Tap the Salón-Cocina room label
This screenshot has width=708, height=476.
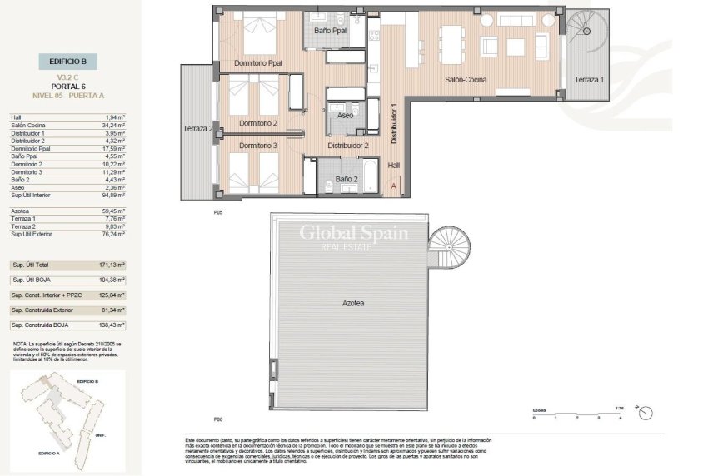[x=466, y=80]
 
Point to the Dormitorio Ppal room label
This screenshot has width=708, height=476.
[x=257, y=62]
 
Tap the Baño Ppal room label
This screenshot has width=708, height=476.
[x=330, y=31]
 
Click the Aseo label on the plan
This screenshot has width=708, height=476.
[x=345, y=116]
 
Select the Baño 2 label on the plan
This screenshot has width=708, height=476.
[x=346, y=179]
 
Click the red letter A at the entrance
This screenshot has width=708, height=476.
[x=394, y=186]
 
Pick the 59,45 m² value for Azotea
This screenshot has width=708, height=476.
[x=112, y=211]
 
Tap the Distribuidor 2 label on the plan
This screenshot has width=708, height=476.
[x=348, y=146]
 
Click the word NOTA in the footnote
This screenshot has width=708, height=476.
[x=19, y=343]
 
